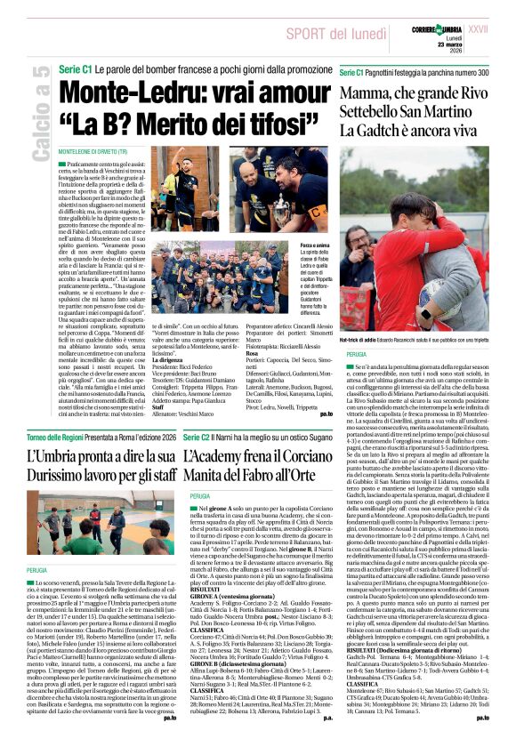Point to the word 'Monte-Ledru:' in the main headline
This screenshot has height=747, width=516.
(116, 92)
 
